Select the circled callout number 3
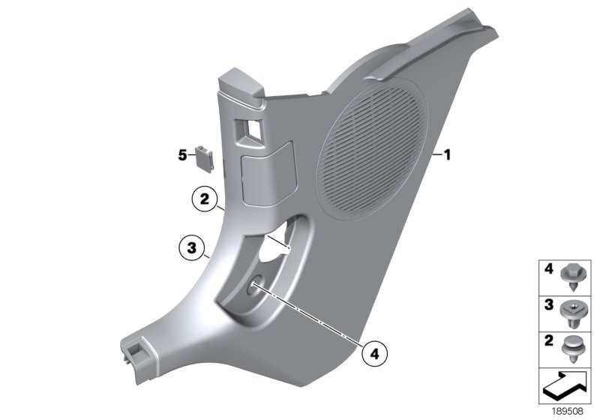coord(191,246)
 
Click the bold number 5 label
coord(181,155)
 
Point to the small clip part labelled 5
coord(205,155)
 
